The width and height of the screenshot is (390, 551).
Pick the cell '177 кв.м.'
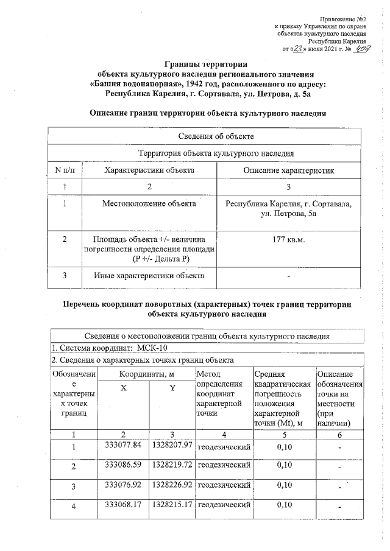[288, 239]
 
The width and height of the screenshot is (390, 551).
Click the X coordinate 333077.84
[123, 446]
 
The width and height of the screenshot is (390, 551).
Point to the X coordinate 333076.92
[123, 485]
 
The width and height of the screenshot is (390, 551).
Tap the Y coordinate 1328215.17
[172, 505]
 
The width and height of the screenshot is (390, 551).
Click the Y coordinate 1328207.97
[172, 446]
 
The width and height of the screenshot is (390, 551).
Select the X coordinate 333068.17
[123, 505]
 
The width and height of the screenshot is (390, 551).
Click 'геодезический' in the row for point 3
[225, 486]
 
